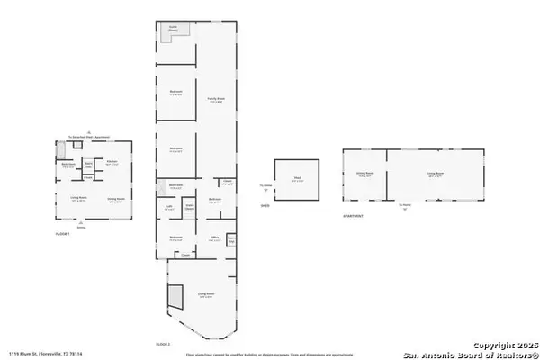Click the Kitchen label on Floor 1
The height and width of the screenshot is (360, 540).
(112, 164)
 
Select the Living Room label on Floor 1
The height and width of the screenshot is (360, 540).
(78, 199)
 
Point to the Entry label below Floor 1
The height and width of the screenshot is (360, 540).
(80, 228)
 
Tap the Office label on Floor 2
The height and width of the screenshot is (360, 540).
(215, 238)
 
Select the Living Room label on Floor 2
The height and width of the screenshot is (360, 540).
(206, 294)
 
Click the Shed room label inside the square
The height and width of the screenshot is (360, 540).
(296, 178)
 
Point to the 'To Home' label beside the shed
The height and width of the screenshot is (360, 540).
(265, 187)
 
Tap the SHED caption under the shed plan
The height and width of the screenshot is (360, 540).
(265, 205)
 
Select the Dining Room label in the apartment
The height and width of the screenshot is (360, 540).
(364, 175)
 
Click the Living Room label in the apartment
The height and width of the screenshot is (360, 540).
(435, 175)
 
